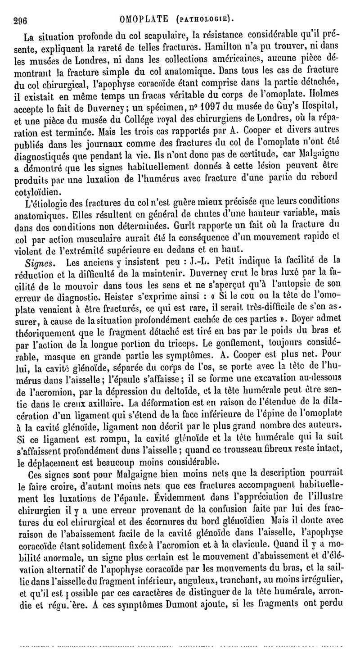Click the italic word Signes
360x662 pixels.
43,261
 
